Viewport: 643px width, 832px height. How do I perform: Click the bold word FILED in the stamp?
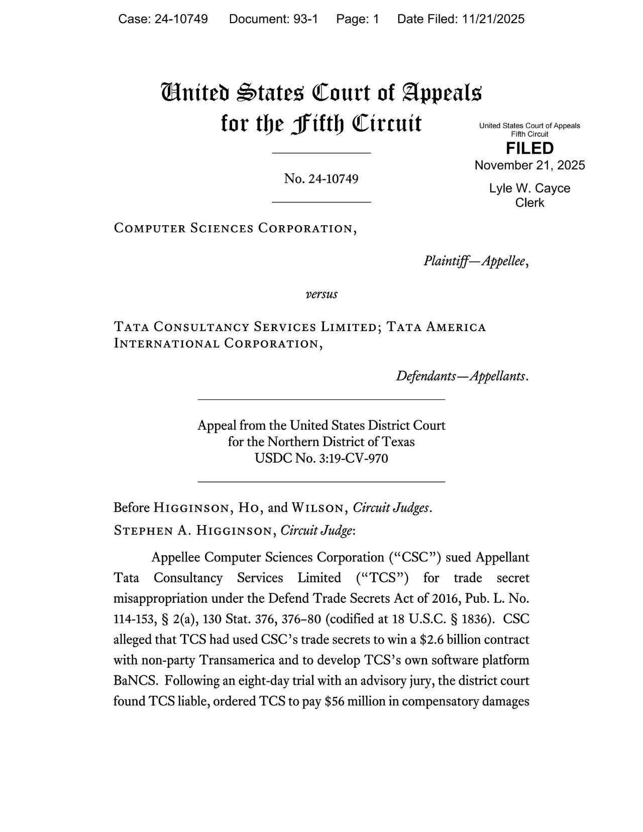pyautogui.click(x=529, y=148)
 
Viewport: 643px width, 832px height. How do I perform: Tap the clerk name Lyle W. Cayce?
pyautogui.click(x=529, y=188)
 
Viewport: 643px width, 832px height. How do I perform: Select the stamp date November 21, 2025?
pyautogui.click(x=529, y=165)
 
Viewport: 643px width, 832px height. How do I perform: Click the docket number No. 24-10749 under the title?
pyautogui.click(x=321, y=178)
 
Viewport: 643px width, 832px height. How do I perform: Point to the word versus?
pyautogui.click(x=321, y=294)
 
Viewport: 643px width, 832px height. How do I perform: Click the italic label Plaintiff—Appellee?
pyautogui.click(x=474, y=261)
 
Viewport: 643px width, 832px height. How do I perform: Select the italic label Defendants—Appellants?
pyautogui.click(x=461, y=376)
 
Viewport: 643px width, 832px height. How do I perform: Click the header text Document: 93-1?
pyautogui.click(x=273, y=19)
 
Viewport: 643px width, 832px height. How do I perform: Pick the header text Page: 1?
pyautogui.click(x=358, y=19)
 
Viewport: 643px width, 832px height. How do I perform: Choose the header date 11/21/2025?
pyautogui.click(x=493, y=19)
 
